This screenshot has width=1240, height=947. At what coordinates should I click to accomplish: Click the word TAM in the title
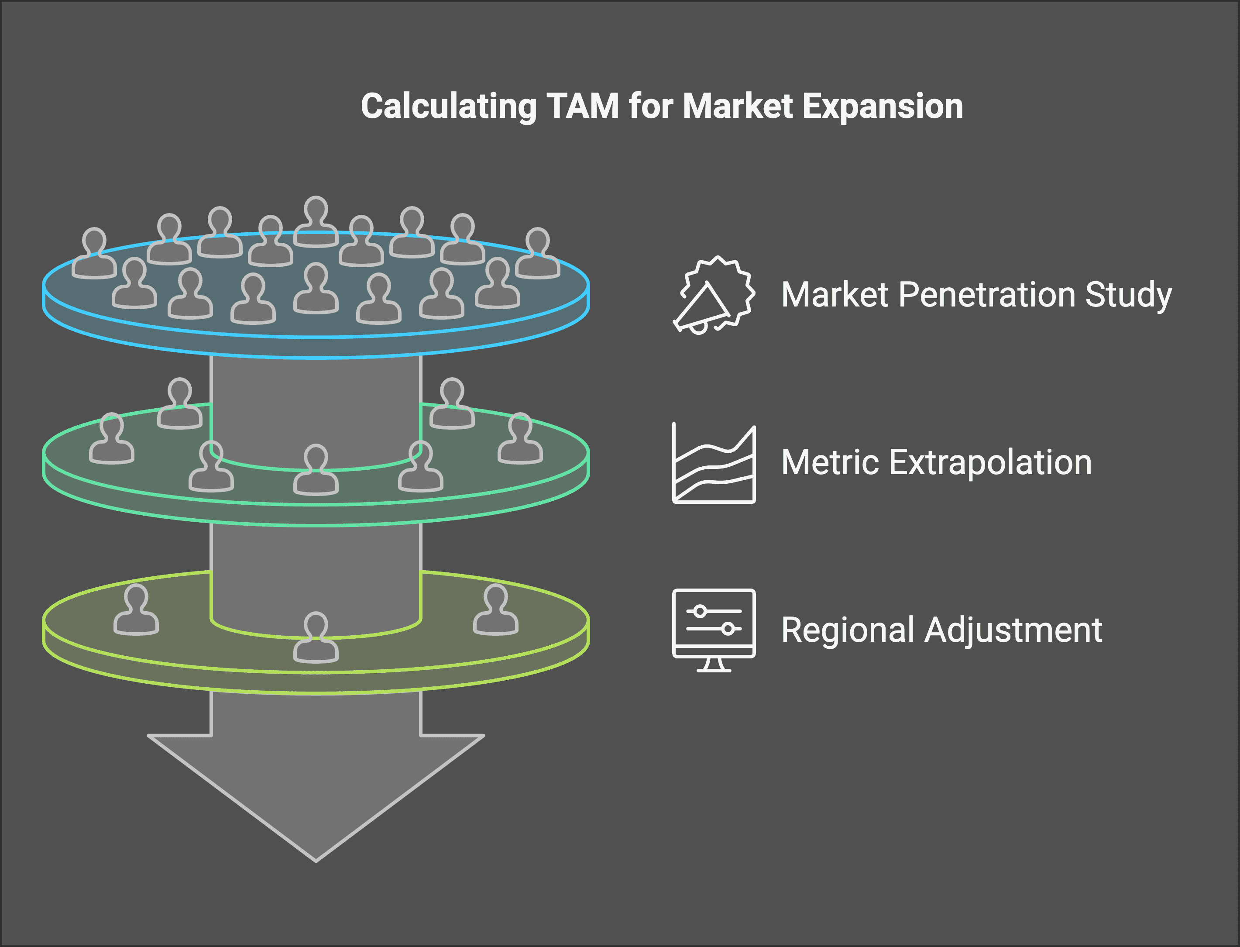tap(583, 106)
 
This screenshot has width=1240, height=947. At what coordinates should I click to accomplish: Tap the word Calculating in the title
tap(448, 106)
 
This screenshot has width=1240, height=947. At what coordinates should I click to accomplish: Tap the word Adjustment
tap(1013, 630)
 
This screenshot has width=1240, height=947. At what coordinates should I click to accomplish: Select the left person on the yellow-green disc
tap(136, 611)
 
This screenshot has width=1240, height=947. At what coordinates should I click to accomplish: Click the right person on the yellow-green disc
tap(496, 611)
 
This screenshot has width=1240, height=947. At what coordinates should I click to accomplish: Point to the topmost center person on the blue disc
tap(316, 223)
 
